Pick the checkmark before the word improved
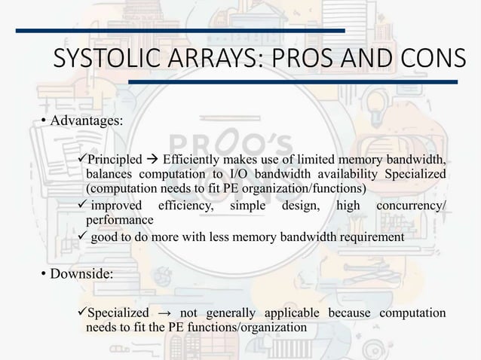click(x=84, y=206)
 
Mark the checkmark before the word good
click(x=84, y=238)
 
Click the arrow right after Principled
click(x=151, y=160)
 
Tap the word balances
click(x=109, y=174)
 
